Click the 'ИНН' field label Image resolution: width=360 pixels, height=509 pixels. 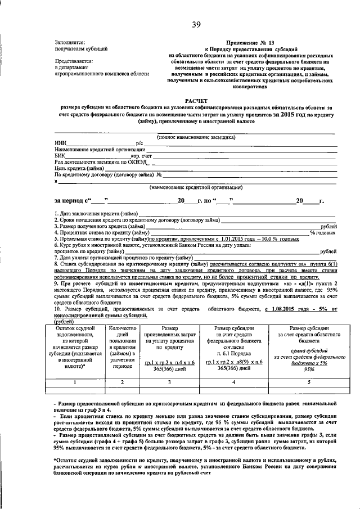(x=60, y=143)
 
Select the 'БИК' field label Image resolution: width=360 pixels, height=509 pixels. (x=60, y=156)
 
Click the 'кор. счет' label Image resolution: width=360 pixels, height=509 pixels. (x=143, y=156)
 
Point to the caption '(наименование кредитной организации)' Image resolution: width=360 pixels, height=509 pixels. (x=196, y=187)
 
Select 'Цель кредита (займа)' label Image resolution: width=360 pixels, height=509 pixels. (x=79, y=168)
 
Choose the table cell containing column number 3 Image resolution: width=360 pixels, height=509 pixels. (x=169, y=382)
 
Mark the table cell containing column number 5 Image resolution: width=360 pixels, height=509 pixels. (x=309, y=382)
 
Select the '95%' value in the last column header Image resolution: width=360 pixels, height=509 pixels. (x=309, y=370)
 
